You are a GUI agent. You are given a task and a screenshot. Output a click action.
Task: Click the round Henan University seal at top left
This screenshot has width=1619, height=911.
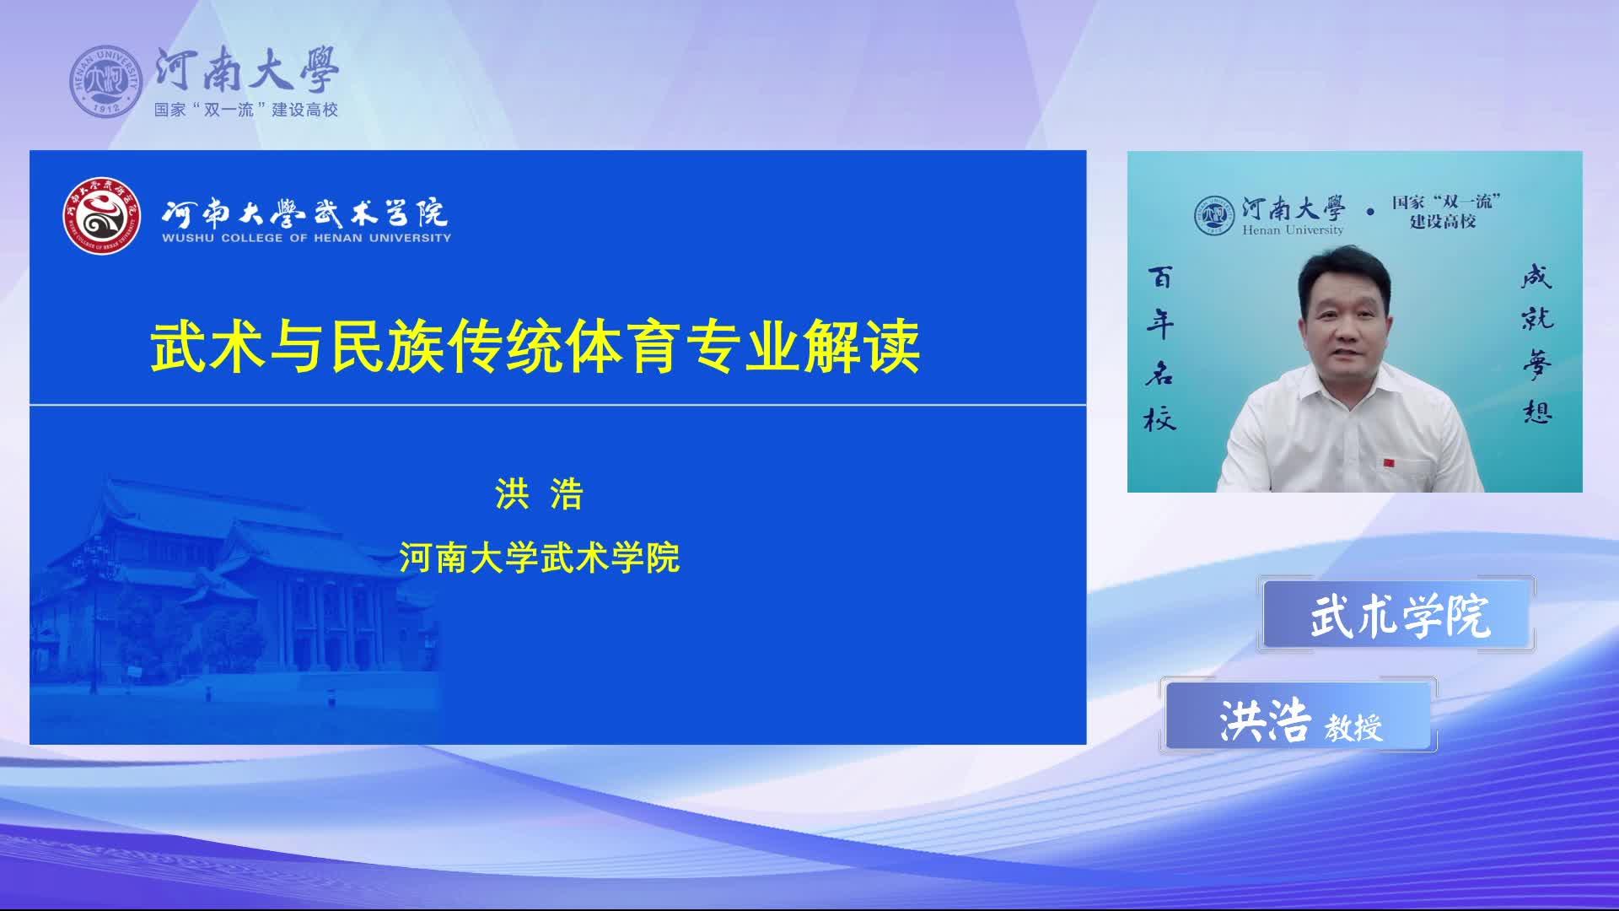pyautogui.click(x=106, y=82)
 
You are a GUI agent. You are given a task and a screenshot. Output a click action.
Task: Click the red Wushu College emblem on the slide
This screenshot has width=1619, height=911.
pyautogui.click(x=100, y=215)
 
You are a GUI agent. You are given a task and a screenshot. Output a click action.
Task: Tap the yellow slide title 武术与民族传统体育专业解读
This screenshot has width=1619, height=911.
pyautogui.click(x=535, y=347)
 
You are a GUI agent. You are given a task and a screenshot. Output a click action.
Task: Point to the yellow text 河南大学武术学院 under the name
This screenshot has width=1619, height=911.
pyautogui.click(x=540, y=558)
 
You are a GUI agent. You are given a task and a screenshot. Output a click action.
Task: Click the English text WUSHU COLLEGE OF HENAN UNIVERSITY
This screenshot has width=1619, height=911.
pyautogui.click(x=307, y=238)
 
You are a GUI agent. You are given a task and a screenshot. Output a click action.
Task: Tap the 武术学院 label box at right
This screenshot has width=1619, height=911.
pyautogui.click(x=1397, y=614)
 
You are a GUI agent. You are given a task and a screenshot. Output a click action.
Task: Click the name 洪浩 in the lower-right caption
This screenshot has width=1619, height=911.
pyautogui.click(x=1265, y=721)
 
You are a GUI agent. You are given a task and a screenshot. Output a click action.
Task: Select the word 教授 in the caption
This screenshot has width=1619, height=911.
pyautogui.click(x=1353, y=726)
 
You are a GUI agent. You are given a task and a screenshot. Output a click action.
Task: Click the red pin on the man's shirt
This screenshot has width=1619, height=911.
pyautogui.click(x=1389, y=462)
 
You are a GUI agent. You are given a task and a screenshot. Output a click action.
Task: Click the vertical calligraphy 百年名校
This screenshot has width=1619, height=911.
pyautogui.click(x=1159, y=348)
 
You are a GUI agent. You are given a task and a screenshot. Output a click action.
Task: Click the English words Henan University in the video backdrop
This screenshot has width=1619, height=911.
pyautogui.click(x=1293, y=229)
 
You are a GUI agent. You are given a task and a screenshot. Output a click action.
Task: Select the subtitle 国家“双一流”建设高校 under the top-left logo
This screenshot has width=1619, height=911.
pyautogui.click(x=246, y=110)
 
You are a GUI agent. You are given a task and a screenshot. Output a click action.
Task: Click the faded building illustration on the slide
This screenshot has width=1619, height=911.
pyautogui.click(x=236, y=582)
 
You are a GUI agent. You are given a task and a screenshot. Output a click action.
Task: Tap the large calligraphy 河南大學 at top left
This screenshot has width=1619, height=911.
pyautogui.click(x=247, y=69)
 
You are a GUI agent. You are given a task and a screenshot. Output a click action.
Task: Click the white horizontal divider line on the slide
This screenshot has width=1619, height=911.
pyautogui.click(x=557, y=405)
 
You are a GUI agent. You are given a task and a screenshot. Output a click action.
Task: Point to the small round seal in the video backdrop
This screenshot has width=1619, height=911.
pyautogui.click(x=1214, y=215)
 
